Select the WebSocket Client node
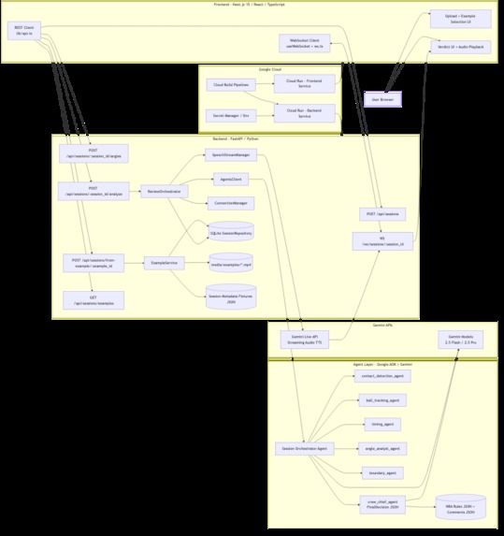coord(304,42)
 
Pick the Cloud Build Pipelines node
coord(231,85)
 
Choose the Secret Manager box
coord(231,116)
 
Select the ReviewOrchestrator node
coord(163,191)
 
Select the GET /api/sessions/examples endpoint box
coord(94,299)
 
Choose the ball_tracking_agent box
coord(382,400)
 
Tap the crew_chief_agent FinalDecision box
coord(382,505)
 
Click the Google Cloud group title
coord(270,69)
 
